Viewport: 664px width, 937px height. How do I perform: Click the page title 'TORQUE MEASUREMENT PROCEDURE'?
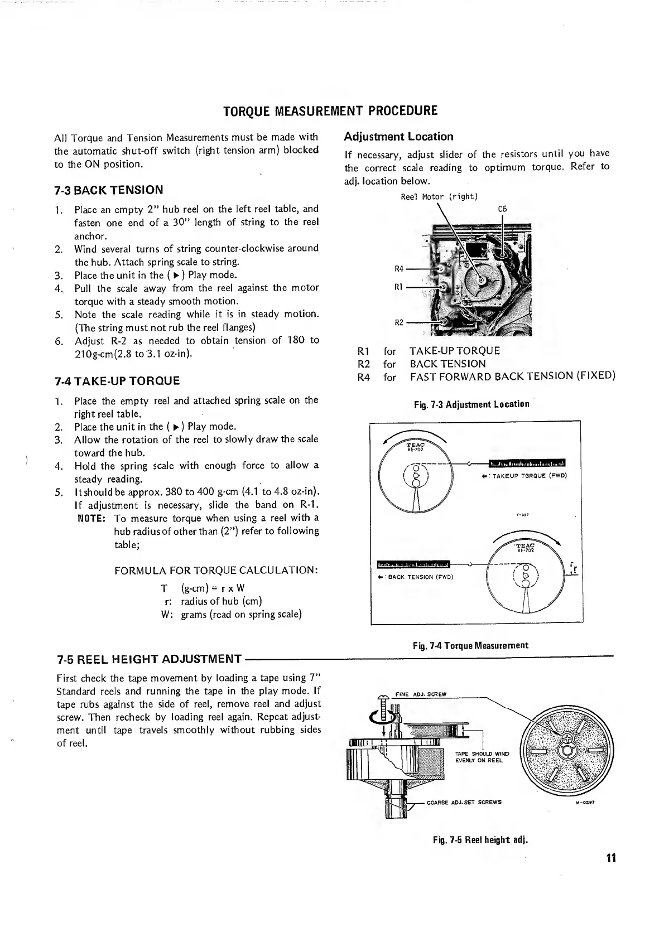tap(330, 110)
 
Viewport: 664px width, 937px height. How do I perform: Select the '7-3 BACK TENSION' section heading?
tap(109, 190)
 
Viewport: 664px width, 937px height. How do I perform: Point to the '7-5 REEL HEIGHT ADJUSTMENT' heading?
tap(149, 659)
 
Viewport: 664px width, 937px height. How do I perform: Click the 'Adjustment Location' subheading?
tap(398, 137)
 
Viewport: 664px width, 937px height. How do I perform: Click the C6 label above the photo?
tap(502, 209)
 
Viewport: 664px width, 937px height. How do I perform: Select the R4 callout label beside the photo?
tap(399, 269)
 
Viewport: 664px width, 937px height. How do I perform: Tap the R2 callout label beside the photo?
tap(399, 322)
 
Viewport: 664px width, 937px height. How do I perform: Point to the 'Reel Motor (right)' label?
tap(439, 197)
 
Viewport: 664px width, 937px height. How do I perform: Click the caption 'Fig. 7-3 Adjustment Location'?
tap(471, 404)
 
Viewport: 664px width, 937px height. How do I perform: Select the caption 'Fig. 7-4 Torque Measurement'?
tap(470, 646)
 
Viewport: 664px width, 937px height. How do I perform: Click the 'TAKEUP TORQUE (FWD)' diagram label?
tap(530, 476)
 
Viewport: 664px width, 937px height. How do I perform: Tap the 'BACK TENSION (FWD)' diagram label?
tap(420, 577)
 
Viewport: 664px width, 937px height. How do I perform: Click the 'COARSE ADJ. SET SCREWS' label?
tap(464, 803)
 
